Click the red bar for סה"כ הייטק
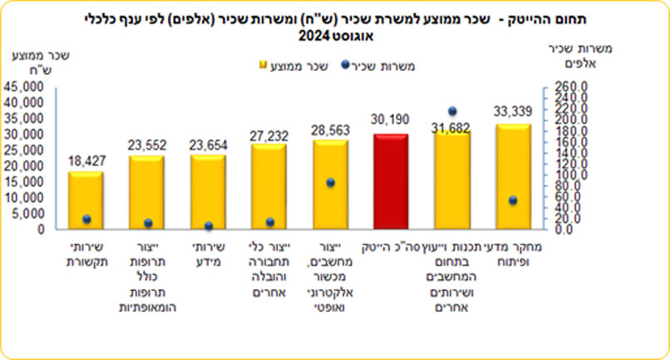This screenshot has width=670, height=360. click(x=391, y=181)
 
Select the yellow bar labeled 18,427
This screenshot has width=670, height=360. click(x=86, y=200)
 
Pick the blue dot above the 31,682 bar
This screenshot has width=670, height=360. click(x=452, y=111)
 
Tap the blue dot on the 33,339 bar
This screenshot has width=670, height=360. click(x=513, y=200)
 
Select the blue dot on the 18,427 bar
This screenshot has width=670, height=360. click(x=86, y=219)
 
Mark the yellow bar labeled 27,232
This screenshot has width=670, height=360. click(x=268, y=186)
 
